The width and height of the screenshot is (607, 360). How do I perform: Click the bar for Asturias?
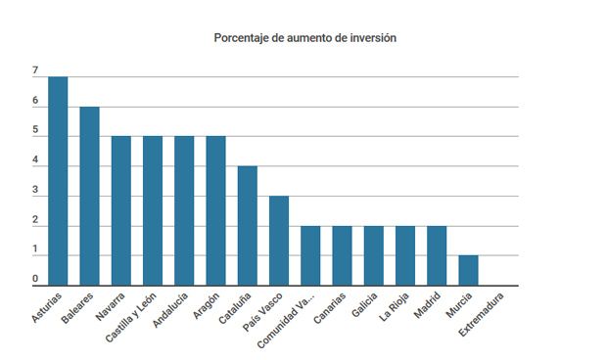click(58, 181)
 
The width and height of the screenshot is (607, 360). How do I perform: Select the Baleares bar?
click(89, 196)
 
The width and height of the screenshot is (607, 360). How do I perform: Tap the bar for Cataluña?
click(248, 226)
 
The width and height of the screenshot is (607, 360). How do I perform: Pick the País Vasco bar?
click(279, 241)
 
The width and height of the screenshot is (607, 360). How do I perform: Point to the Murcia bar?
click(468, 271)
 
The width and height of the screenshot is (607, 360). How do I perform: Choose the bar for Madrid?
click(437, 256)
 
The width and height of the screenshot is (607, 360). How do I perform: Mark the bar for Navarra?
click(120, 210)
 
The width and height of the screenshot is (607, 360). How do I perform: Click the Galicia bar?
click(374, 256)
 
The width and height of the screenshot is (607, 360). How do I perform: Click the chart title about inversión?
click(304, 38)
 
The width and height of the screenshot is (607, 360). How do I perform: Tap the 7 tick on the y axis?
click(35, 71)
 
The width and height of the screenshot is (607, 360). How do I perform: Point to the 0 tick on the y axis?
click(35, 280)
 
